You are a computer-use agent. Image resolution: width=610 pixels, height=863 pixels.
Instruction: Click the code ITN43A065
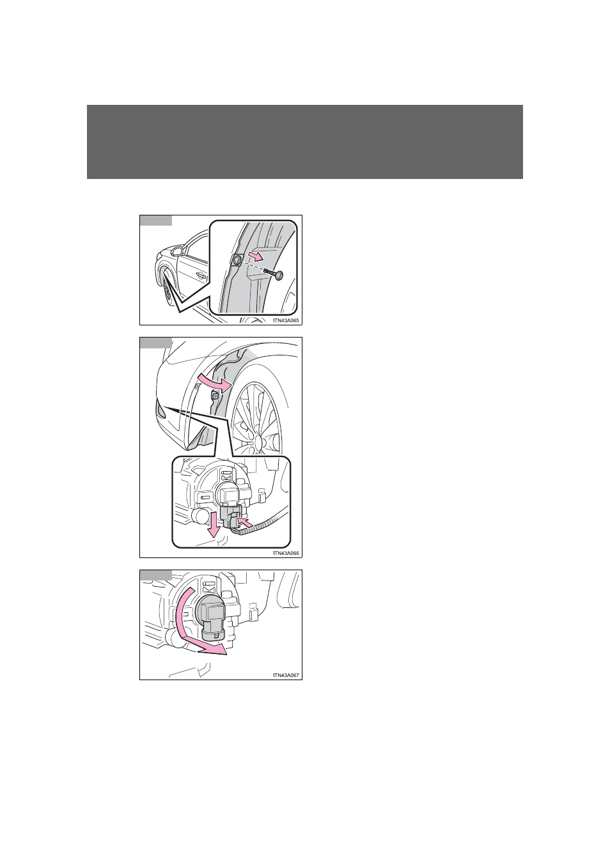(x=286, y=320)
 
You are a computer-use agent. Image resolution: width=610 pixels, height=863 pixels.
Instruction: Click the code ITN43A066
(x=286, y=553)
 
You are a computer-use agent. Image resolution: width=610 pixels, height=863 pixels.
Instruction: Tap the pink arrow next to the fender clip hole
(x=256, y=256)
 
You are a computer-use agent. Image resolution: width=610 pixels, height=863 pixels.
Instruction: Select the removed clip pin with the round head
(x=274, y=274)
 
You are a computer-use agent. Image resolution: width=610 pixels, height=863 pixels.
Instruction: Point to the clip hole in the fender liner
(x=237, y=261)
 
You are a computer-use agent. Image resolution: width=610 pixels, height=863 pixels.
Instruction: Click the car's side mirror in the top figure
(x=178, y=252)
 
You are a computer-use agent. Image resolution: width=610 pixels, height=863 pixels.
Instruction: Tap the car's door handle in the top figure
(x=200, y=276)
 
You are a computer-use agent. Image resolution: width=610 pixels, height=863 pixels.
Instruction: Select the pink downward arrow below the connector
(x=213, y=526)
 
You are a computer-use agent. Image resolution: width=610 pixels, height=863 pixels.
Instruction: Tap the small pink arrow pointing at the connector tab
(x=247, y=523)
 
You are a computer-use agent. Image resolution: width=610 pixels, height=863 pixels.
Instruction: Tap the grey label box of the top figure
(x=155, y=221)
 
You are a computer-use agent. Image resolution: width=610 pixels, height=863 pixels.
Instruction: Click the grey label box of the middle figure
(x=155, y=343)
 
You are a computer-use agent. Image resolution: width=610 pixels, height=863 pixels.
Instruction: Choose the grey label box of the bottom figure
(x=155, y=575)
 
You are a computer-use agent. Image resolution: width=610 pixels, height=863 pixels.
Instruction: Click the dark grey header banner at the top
(x=305, y=142)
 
